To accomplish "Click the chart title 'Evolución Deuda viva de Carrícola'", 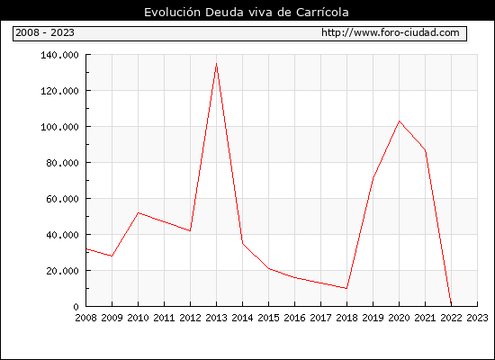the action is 247,13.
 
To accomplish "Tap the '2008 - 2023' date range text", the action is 45,32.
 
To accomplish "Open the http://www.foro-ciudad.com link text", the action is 391,32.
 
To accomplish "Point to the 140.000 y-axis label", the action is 59,55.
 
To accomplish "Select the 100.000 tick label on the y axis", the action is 59,127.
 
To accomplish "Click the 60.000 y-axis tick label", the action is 62,199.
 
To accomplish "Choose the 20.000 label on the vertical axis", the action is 62,271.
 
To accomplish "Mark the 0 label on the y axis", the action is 76,307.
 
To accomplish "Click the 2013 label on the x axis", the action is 216,318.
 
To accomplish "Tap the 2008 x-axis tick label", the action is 85,318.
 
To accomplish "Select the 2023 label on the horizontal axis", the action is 477,318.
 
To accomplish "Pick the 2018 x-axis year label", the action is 346,318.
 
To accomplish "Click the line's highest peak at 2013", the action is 216,64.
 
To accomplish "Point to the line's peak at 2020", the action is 399,121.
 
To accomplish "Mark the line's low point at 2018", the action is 346,288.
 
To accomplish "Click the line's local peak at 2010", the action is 138,212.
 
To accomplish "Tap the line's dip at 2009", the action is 112,256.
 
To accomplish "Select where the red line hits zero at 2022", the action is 451,306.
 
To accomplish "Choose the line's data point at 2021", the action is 425,150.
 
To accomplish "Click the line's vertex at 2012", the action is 190,230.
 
